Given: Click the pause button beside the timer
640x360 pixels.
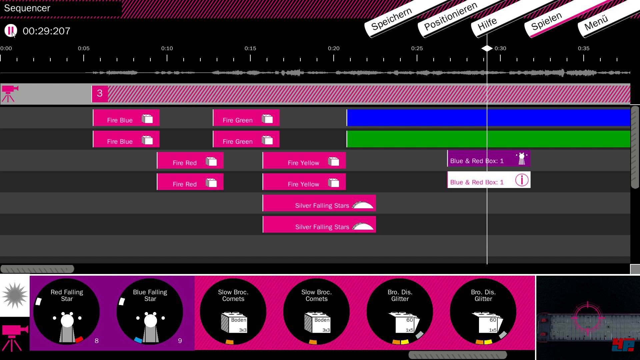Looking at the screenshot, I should (x=11, y=31).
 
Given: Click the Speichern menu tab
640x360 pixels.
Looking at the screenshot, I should (x=391, y=19).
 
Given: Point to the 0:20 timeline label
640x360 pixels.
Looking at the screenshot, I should (x=333, y=48).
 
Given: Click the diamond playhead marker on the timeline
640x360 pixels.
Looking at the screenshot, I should (x=487, y=48).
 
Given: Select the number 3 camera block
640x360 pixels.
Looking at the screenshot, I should (x=100, y=93).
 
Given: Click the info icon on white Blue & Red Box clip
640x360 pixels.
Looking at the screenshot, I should (x=522, y=180).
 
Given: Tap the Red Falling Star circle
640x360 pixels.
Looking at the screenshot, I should (x=67, y=311).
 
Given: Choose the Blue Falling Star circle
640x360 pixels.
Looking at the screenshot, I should (x=150, y=311).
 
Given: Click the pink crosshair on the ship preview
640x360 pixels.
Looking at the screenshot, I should (x=588, y=317).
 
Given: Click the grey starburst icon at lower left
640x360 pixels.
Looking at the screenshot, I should (x=15, y=295).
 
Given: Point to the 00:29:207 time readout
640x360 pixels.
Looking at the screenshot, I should (x=46, y=31).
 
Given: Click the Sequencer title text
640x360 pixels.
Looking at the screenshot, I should (x=27, y=8).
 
